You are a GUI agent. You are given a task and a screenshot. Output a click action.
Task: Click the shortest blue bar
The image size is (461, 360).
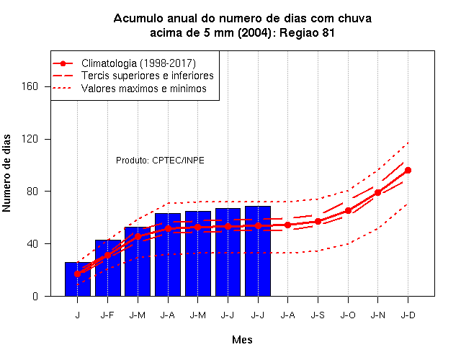[x=78, y=279]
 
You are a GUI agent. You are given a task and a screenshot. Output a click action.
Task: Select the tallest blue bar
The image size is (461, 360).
[x=258, y=251]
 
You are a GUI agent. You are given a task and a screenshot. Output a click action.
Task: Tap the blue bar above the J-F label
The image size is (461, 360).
[x=107, y=268]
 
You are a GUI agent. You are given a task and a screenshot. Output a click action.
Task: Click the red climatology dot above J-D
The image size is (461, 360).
[x=408, y=171]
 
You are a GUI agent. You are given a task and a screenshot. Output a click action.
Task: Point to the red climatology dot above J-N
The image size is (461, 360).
[x=377, y=193]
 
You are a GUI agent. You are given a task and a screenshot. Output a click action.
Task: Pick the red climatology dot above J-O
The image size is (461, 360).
[x=348, y=211]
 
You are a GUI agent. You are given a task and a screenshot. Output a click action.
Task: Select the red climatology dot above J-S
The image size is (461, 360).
[x=318, y=222]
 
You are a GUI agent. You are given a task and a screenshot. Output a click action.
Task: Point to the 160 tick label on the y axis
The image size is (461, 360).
[x=30, y=86]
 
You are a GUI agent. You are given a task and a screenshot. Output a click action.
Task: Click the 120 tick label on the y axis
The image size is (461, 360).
[x=30, y=139]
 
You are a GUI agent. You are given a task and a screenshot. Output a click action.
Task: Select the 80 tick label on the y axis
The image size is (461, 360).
[x=32, y=192]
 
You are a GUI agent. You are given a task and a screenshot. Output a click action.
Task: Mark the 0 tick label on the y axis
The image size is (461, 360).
[x=35, y=296]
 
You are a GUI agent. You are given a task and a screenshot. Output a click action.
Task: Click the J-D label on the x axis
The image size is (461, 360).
[x=408, y=315]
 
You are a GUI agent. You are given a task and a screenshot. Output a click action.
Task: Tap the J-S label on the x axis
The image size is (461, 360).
[x=318, y=315]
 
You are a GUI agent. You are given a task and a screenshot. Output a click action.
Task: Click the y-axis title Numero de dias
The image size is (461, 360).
[x=6, y=174]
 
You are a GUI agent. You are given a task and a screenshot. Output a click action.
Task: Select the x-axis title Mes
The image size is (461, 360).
[x=242, y=340]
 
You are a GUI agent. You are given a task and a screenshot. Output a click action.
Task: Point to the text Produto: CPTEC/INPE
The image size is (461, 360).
[x=160, y=161]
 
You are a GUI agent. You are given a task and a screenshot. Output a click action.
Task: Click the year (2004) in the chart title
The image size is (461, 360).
[x=254, y=32]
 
